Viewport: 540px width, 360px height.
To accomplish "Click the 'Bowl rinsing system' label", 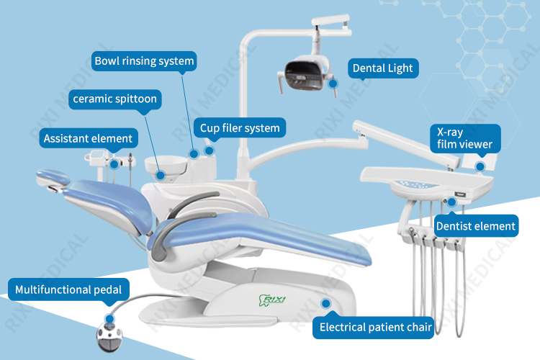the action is click(144, 61).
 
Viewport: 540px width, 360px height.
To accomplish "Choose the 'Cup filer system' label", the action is click(240, 129).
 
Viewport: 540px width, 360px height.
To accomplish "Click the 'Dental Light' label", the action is click(382, 68).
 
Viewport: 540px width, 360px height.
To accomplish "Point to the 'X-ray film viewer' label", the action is click(465, 138).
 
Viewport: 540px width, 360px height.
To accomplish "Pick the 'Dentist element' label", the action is click(476, 226).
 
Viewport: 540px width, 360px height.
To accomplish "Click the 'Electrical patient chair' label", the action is click(375, 328).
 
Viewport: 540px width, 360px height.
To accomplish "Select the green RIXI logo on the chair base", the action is click(271, 297).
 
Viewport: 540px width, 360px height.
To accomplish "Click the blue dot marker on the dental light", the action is click(333, 84).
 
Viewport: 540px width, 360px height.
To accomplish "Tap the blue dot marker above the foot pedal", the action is click(109, 317).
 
